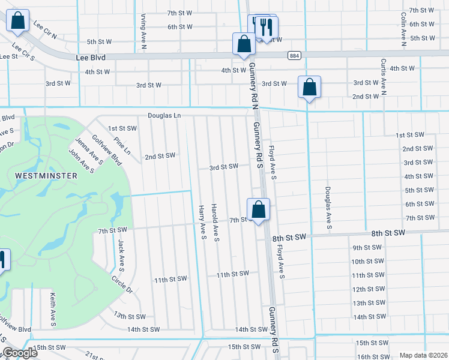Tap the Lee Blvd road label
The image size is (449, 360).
[x=91, y=57]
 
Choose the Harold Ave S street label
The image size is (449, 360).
[x=215, y=223]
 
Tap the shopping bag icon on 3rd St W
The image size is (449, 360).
[x=309, y=87]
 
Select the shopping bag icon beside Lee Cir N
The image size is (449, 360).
[x=19, y=20]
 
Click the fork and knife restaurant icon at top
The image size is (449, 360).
[x=267, y=27]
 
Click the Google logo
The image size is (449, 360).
[x=19, y=353]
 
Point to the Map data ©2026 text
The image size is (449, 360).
[x=423, y=355]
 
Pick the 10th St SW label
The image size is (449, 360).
[x=367, y=261]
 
